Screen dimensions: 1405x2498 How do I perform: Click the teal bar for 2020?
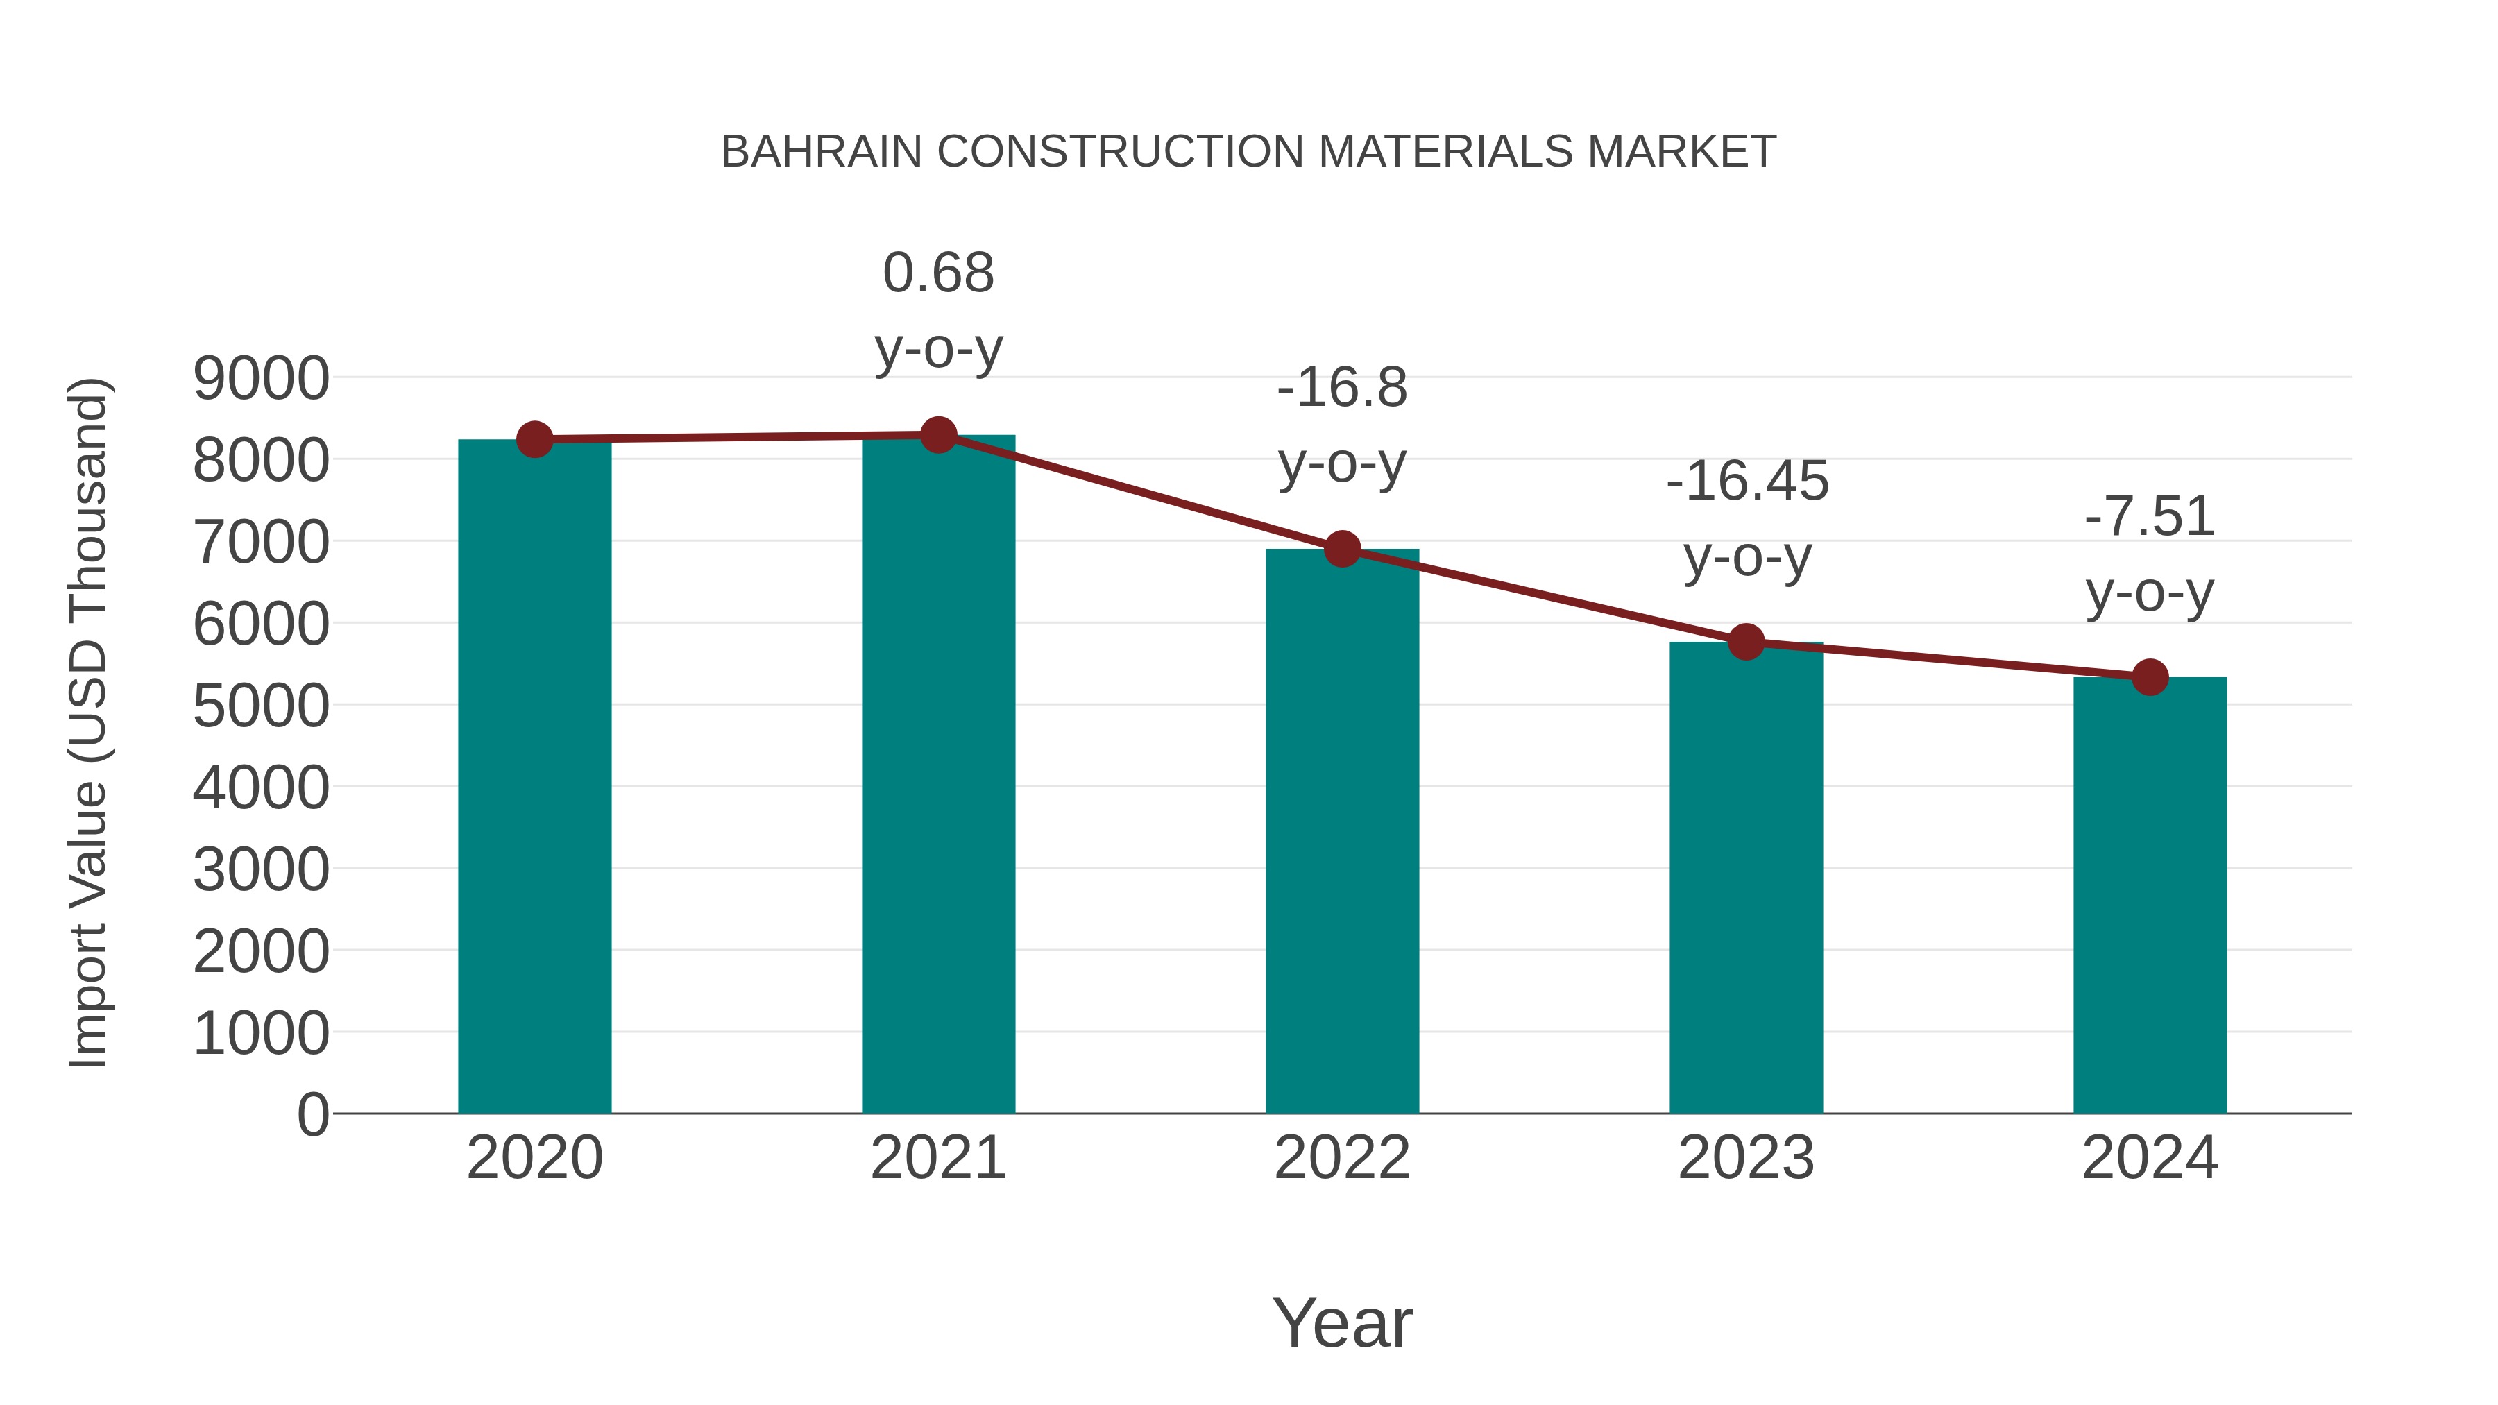coord(534,776)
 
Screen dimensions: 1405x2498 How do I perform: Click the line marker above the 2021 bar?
coord(937,435)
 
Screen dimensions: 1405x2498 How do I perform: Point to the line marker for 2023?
coord(1746,641)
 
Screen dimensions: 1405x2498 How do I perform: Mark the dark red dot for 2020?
coord(534,439)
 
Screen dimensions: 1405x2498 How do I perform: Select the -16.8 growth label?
coord(1342,388)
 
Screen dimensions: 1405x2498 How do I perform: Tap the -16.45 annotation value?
coord(1747,482)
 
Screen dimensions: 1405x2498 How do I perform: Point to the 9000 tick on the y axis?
coord(261,379)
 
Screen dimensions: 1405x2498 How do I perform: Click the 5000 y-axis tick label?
coord(261,707)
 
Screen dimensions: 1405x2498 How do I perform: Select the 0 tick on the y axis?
coord(312,1115)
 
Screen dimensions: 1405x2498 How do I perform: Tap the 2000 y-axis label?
coord(261,952)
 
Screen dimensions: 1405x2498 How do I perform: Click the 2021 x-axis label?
coord(937,1158)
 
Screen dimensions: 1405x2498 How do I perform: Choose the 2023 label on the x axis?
coord(1746,1158)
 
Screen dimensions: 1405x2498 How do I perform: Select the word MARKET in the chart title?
coord(1681,152)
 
